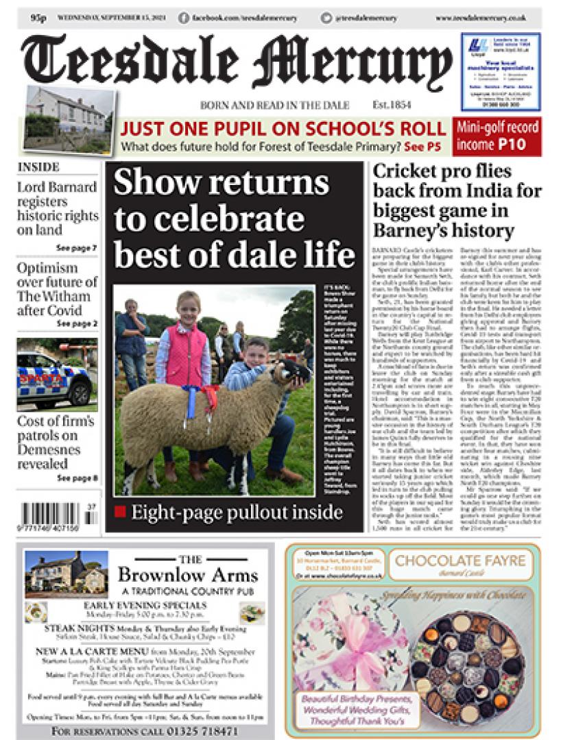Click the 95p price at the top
38,18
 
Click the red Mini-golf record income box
497,136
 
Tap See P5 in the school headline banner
422,147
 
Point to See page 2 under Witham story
77,323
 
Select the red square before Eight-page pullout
121,512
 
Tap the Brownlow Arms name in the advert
188,575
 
